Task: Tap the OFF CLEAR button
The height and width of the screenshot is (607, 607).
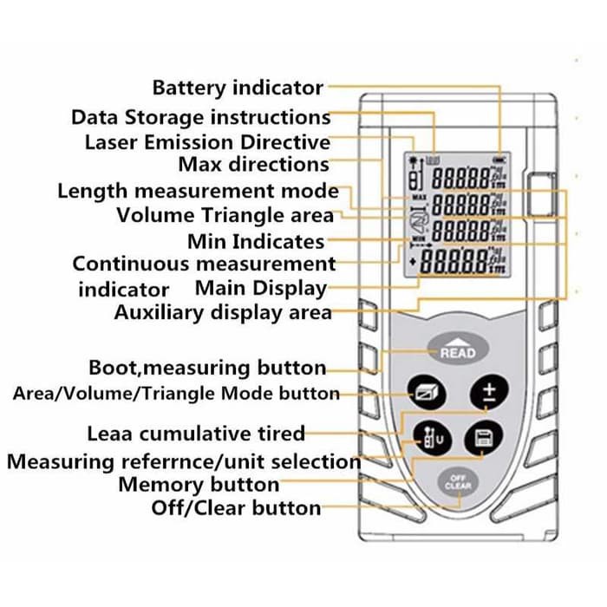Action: pos(458,482)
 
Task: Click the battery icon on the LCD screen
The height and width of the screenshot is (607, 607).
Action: pos(498,160)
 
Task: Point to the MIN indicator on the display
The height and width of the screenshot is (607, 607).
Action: pos(419,237)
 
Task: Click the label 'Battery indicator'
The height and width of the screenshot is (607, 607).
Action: pos(238,88)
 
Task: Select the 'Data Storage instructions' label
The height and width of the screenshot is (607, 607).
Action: pos(200,117)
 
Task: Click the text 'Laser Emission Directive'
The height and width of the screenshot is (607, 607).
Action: pos(207,142)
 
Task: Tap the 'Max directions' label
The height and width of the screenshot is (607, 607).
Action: pos(253,165)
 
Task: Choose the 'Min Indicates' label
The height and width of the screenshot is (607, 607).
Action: pos(256,241)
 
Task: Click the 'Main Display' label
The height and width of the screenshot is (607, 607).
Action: pos(261,288)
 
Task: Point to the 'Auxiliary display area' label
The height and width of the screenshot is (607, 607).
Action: pos(223,312)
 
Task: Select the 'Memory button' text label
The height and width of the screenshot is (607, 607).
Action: pos(199,485)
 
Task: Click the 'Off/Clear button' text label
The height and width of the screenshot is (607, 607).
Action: pos(236,508)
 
